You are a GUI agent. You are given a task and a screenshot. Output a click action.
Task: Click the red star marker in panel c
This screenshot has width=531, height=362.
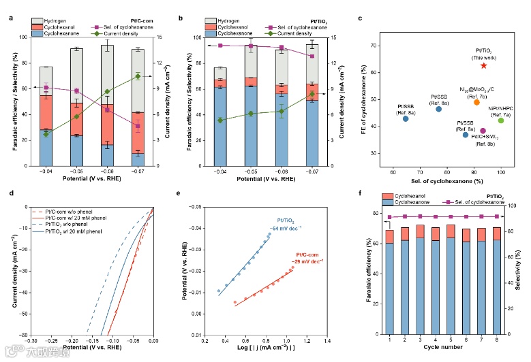click(483, 65)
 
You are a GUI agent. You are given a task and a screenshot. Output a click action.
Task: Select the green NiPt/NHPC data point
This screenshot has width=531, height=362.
click(501, 120)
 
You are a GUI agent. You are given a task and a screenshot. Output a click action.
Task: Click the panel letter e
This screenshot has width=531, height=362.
click(188, 194)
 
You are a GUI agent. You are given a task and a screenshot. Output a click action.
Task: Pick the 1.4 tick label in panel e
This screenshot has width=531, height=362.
click(327, 340)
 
